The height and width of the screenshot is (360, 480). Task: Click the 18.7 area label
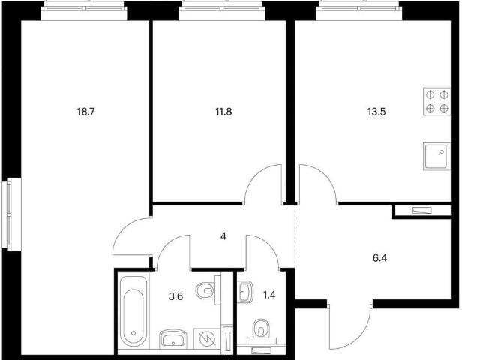[x=86, y=112]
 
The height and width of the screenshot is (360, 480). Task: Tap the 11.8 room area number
[x=223, y=112]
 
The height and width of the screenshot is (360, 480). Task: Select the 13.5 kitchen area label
[x=376, y=112]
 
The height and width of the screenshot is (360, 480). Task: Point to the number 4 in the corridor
[x=223, y=236]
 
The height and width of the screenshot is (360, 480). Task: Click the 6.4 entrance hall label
[x=379, y=258]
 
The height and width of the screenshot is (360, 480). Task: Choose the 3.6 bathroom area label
[x=175, y=296]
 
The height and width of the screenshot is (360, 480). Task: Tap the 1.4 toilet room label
[x=269, y=295]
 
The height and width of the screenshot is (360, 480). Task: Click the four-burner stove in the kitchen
[x=436, y=102]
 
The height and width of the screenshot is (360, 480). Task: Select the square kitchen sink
[x=436, y=156]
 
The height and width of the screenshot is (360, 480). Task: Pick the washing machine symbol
[x=207, y=338]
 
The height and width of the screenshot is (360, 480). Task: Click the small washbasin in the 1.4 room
[x=245, y=292]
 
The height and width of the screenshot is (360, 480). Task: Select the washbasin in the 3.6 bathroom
[x=173, y=339]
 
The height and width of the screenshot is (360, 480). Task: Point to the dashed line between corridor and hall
[x=295, y=235]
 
